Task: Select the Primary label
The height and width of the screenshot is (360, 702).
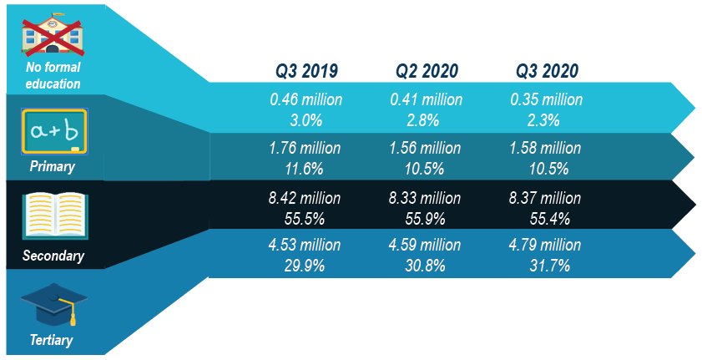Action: pyautogui.click(x=53, y=166)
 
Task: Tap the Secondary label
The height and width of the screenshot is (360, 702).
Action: pyautogui.click(x=53, y=255)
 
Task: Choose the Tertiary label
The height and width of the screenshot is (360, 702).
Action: pyautogui.click(x=53, y=339)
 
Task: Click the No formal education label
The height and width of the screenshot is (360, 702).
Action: pyautogui.click(x=53, y=75)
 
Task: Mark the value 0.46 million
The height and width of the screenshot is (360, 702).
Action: pyautogui.click(x=306, y=99)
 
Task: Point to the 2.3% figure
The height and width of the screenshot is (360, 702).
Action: pyautogui.click(x=547, y=119)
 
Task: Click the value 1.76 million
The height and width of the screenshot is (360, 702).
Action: pyautogui.click(x=306, y=149)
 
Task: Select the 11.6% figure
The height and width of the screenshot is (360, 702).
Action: pyautogui.click(x=306, y=168)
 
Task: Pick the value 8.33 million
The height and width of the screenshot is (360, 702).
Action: pyautogui.click(x=427, y=198)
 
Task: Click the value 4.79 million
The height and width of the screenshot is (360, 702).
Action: pyautogui.click(x=547, y=246)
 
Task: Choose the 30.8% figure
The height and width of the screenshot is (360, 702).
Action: pyautogui.click(x=427, y=266)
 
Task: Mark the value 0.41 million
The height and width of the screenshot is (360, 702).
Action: pyautogui.click(x=427, y=99)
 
